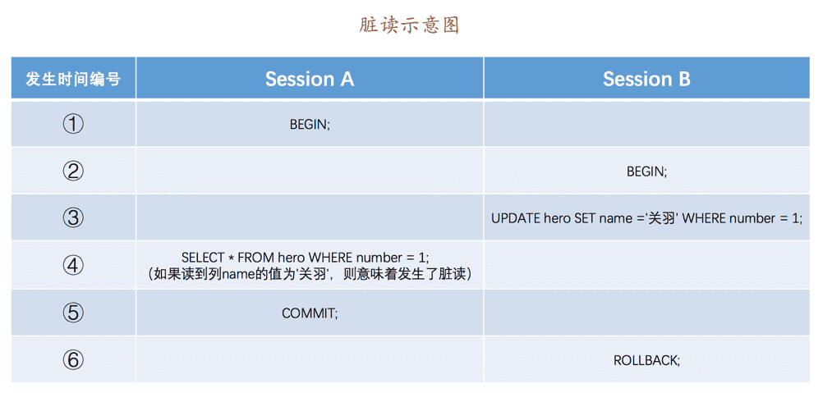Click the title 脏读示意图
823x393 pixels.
tap(409, 25)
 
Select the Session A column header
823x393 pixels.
tap(310, 79)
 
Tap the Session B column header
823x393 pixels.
tap(646, 79)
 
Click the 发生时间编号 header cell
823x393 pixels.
tap(73, 79)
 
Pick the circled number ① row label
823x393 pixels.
tap(73, 125)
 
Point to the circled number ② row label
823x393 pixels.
tap(73, 171)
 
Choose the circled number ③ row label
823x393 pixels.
tap(73, 217)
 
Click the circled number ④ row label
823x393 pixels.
tap(73, 265)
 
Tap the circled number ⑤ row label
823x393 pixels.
tap(73, 313)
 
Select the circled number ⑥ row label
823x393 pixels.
tap(73, 359)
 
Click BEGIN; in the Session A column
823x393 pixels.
tap(310, 126)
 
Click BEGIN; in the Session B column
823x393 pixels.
tap(646, 171)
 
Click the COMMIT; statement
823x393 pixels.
tap(310, 313)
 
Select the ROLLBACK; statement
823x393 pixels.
tap(646, 360)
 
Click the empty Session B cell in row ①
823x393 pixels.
tap(646, 125)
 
